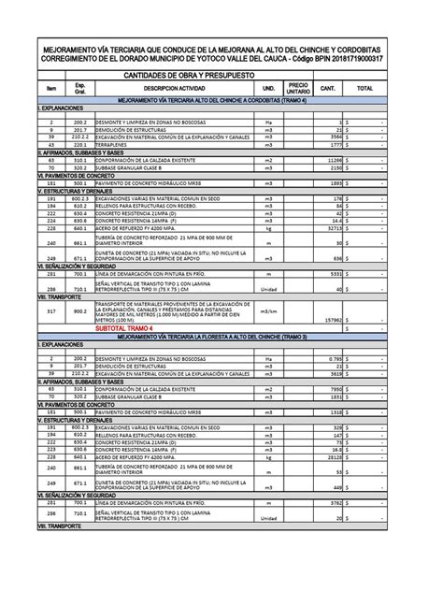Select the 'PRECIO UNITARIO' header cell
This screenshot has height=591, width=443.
click(x=298, y=88)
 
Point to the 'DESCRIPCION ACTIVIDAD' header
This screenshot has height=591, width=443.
click(x=174, y=89)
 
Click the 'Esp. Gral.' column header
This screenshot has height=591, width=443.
click(x=80, y=89)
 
